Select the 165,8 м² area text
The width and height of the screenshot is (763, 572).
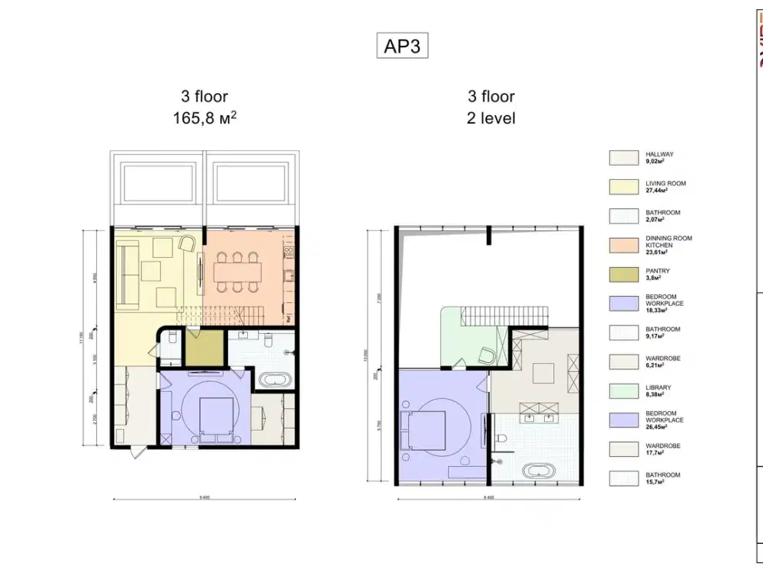204,118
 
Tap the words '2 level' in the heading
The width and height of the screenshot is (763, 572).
491,118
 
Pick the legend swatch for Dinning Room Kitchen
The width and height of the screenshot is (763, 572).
623,245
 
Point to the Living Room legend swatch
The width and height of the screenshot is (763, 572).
623,187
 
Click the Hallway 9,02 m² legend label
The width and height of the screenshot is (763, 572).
659,158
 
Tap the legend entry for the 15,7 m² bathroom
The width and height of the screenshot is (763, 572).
662,478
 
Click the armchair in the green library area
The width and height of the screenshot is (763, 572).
485,355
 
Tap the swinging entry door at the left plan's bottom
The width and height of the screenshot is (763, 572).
136,452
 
